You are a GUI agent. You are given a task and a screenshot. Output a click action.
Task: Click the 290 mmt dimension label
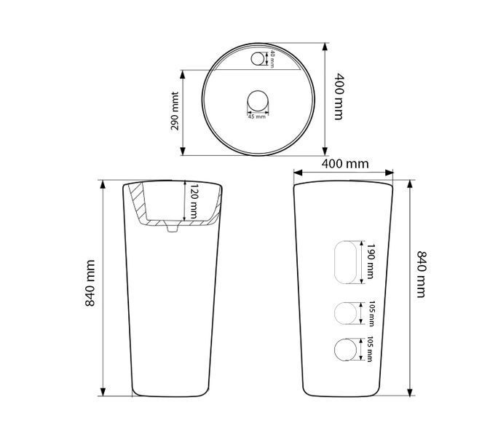pyautogui.click(x=175, y=111)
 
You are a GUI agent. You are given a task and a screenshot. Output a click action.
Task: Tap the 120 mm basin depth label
pyautogui.click(x=194, y=201)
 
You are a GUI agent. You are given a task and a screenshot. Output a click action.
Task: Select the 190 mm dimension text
pyautogui.click(x=371, y=261)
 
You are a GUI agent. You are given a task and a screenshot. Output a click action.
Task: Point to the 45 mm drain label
pyautogui.click(x=256, y=117)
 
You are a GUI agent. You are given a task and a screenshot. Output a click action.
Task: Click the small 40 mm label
pyautogui.click(x=272, y=59)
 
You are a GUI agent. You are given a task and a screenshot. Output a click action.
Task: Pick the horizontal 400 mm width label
pyautogui.click(x=345, y=164)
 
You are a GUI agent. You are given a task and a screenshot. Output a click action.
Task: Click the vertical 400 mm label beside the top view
pyautogui.click(x=339, y=97)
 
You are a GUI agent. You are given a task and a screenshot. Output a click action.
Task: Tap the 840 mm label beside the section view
pyautogui.click(x=90, y=283)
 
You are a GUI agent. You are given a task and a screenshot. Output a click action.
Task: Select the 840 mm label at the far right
pyautogui.click(x=422, y=275)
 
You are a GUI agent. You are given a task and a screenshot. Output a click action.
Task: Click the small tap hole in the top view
pyautogui.click(x=257, y=59)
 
